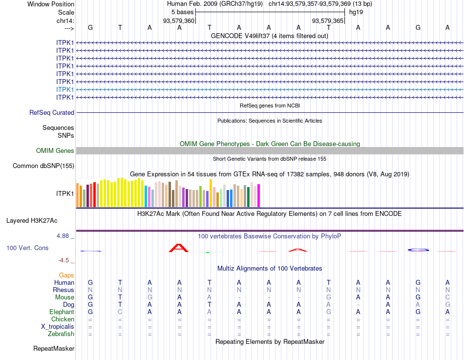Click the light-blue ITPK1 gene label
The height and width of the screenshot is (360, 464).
(x=65, y=89)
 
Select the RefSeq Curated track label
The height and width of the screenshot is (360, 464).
(x=52, y=112)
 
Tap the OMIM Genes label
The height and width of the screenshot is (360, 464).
(x=55, y=150)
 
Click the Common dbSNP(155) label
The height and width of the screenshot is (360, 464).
(x=43, y=166)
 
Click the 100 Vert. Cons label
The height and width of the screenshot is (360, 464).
(x=27, y=248)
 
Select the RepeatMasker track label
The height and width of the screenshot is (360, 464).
(x=54, y=348)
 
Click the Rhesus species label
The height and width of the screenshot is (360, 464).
(x=63, y=290)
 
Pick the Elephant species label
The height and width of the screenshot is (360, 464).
(x=62, y=312)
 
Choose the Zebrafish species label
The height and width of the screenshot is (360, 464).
(x=61, y=334)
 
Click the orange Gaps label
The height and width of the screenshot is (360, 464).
(x=67, y=275)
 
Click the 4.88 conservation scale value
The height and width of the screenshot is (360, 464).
(x=64, y=235)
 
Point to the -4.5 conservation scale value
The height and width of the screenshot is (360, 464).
(x=65, y=260)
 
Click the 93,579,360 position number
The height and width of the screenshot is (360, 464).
(x=179, y=21)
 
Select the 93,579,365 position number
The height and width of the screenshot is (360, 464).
(x=328, y=21)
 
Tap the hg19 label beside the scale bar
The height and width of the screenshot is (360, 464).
(x=356, y=12)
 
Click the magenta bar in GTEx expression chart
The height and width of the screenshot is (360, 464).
(x=258, y=195)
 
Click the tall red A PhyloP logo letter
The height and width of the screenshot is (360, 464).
(x=178, y=248)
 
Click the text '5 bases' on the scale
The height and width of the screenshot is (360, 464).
(x=182, y=12)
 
